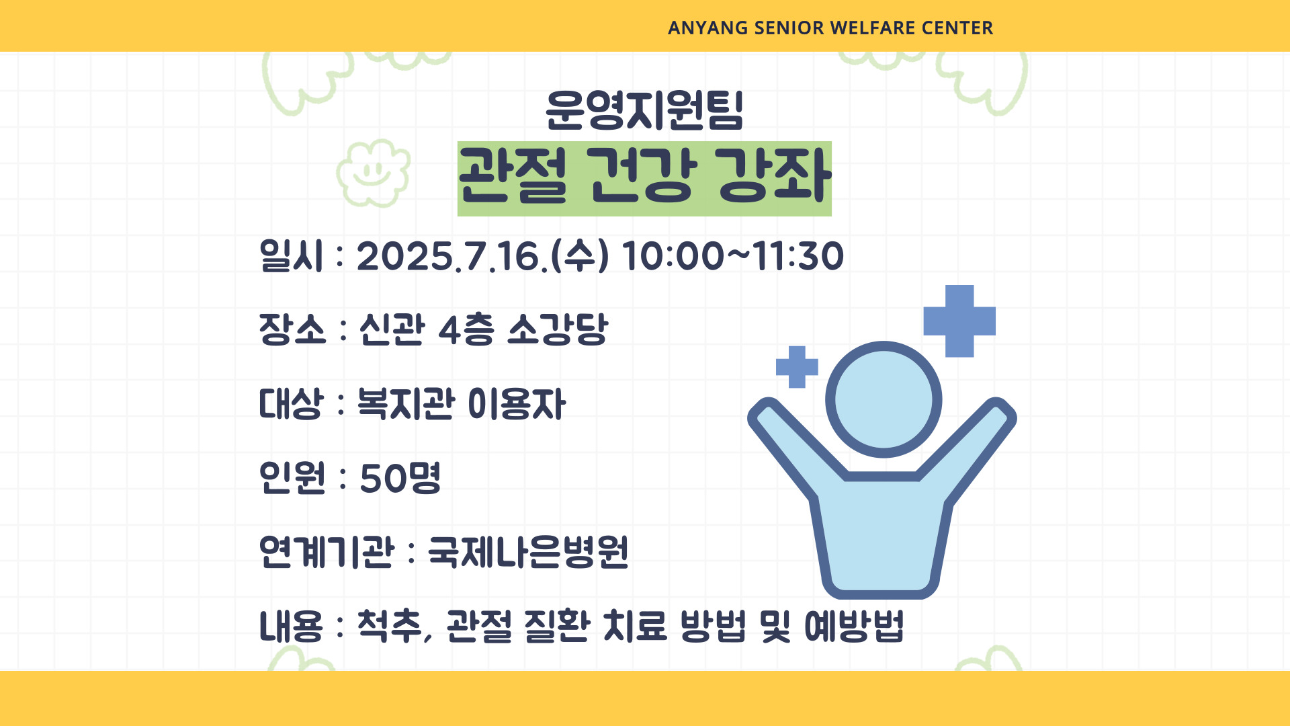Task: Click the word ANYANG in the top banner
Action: click(x=707, y=28)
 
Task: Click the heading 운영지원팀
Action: click(x=644, y=109)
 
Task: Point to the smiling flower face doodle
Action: click(x=374, y=173)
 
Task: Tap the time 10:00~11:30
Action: click(x=733, y=256)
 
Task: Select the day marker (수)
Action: click(x=580, y=256)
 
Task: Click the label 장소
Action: click(x=292, y=329)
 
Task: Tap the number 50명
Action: click(x=400, y=478)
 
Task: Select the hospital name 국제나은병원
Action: click(x=528, y=552)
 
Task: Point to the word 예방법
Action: click(x=854, y=626)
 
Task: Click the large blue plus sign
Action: click(x=959, y=321)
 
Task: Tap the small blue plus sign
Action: click(x=797, y=367)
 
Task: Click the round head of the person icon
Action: click(x=884, y=399)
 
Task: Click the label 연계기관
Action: click(x=327, y=552)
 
